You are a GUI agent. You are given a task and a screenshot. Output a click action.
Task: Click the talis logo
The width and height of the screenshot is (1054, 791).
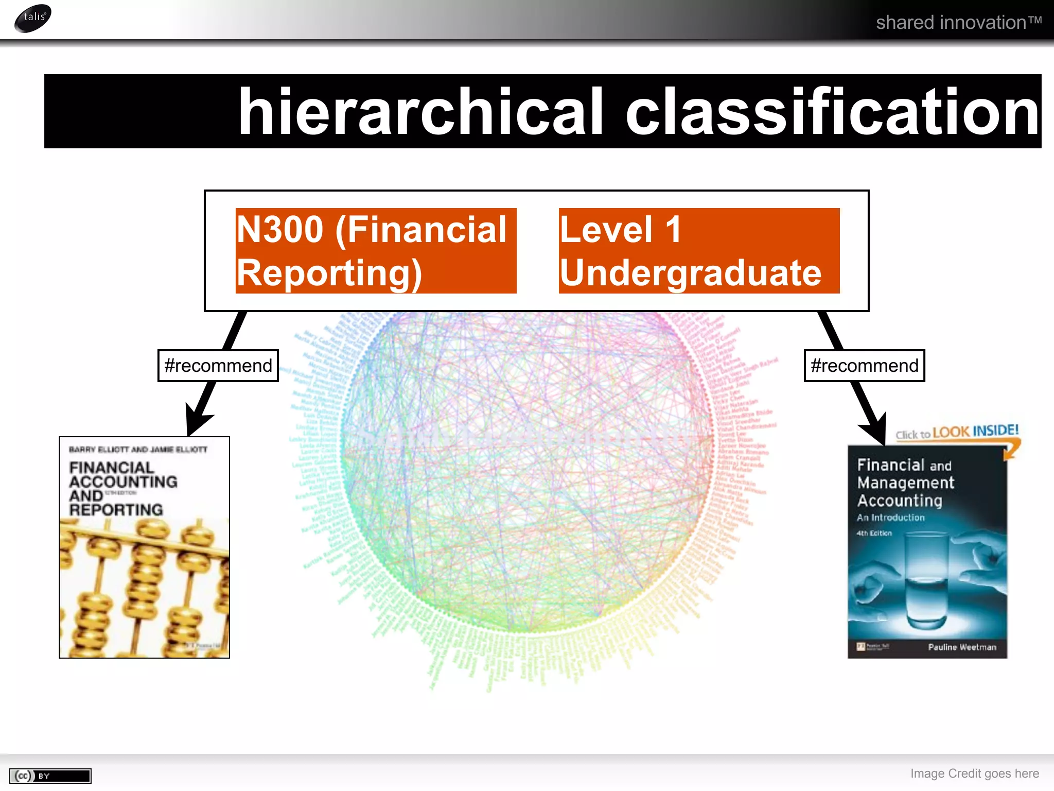click(x=33, y=18)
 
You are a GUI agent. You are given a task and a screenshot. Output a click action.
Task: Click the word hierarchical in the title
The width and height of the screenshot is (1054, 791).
click(x=420, y=112)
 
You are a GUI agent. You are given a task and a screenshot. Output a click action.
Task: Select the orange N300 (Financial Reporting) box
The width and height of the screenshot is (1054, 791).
click(x=376, y=251)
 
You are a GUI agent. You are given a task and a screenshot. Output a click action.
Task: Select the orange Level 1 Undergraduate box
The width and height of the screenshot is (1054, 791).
click(x=698, y=251)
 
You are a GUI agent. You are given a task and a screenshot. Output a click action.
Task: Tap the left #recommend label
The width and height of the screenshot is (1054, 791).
click(x=218, y=366)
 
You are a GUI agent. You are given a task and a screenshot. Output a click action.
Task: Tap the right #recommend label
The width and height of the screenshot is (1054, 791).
click(x=864, y=366)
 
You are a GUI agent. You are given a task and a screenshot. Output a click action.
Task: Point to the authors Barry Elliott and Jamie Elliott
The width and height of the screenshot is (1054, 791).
click(x=138, y=450)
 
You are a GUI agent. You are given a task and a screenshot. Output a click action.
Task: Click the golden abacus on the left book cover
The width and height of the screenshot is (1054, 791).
click(x=144, y=587)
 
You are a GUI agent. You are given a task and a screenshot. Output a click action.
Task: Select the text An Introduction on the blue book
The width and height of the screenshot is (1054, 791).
click(x=890, y=518)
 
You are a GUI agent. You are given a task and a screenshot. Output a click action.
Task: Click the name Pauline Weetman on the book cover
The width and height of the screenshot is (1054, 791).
click(x=962, y=647)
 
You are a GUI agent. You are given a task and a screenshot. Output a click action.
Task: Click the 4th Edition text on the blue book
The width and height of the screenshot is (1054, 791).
click(x=874, y=534)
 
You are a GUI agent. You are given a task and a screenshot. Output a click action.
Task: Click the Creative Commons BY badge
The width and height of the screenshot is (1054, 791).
click(x=50, y=776)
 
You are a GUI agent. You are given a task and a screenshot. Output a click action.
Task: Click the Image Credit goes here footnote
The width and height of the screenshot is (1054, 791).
click(x=974, y=773)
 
